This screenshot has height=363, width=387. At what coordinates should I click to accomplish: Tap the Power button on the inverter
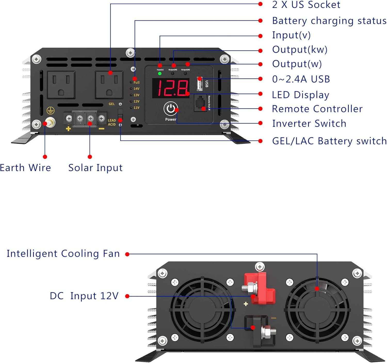tap(171, 109)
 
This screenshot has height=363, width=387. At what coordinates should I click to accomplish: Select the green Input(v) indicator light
tap(160, 74)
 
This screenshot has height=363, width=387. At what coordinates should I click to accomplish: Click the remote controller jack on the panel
tap(200, 103)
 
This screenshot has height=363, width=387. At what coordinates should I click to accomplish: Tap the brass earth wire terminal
tap(50, 122)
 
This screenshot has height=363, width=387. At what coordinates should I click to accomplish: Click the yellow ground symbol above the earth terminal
tap(50, 111)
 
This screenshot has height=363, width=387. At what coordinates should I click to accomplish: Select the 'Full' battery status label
tap(136, 82)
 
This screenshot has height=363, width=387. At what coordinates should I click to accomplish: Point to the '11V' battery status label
tap(136, 108)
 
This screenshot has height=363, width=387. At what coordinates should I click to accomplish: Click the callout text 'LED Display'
tap(301, 95)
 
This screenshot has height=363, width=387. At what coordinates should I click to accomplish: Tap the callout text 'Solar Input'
tap(95, 168)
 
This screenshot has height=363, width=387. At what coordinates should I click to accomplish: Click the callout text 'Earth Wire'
tap(25, 168)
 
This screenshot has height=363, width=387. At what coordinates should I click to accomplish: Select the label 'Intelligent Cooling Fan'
tap(63, 254)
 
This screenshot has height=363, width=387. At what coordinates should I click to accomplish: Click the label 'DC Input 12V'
tap(84, 296)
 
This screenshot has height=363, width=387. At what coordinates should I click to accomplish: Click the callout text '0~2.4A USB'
tap(301, 79)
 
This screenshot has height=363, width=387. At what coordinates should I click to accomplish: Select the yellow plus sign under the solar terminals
tap(68, 128)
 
